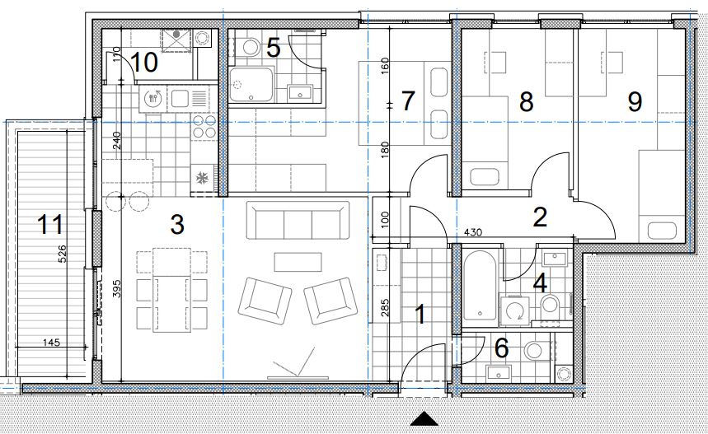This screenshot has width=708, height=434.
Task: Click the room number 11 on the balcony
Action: (49, 224)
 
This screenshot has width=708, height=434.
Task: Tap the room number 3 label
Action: (177, 224)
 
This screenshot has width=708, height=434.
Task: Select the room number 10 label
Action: (144, 63)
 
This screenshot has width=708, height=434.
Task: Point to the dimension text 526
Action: (62, 254)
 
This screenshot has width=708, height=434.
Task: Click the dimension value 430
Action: (473, 232)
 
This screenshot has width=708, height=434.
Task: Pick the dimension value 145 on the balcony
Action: (51, 343)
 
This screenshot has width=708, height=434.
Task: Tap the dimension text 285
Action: (385, 308)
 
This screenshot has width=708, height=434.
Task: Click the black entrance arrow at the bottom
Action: (424, 419)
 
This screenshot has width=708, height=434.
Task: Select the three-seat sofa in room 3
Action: (298, 220)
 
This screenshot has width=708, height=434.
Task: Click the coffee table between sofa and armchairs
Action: (298, 262)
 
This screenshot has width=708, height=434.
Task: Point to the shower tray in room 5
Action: (251, 84)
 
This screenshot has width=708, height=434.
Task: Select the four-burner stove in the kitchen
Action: (204, 126)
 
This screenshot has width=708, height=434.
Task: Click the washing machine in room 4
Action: (514, 310)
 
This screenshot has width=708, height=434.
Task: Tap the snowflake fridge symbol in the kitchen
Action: (201, 179)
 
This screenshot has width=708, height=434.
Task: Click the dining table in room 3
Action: (171, 290)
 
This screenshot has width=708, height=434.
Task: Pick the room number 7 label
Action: (408, 101)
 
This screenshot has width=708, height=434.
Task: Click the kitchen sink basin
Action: (179, 97)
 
